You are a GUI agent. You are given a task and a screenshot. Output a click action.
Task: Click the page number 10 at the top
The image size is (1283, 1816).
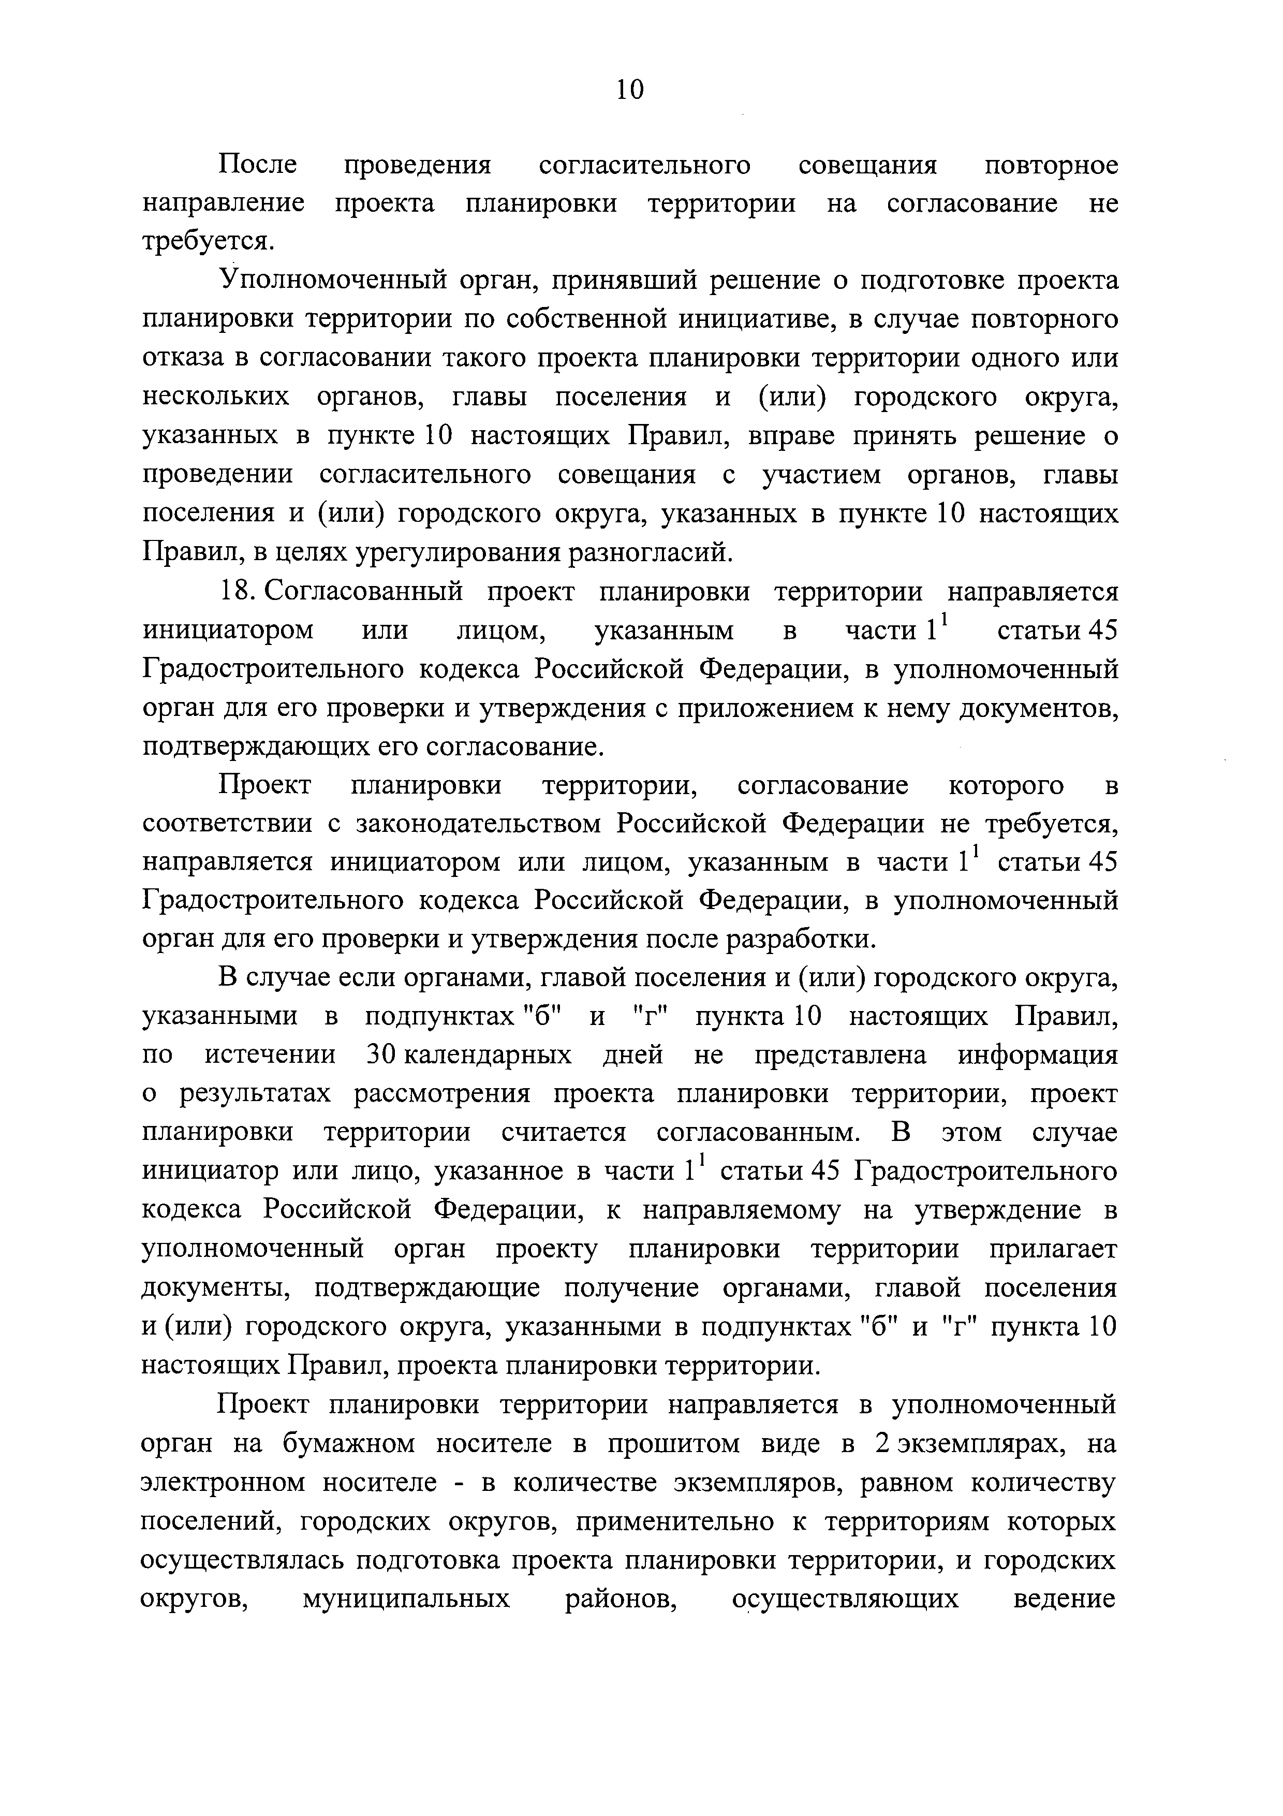pos(630,90)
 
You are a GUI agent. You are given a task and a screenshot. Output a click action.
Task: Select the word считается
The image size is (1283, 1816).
pos(564,1133)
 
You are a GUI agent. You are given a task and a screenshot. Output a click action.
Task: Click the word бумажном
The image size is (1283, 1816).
pos(348,1443)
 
